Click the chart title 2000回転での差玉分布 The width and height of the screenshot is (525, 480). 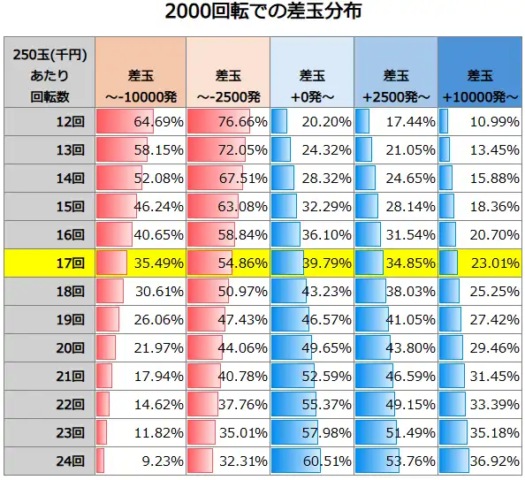click(262, 13)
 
